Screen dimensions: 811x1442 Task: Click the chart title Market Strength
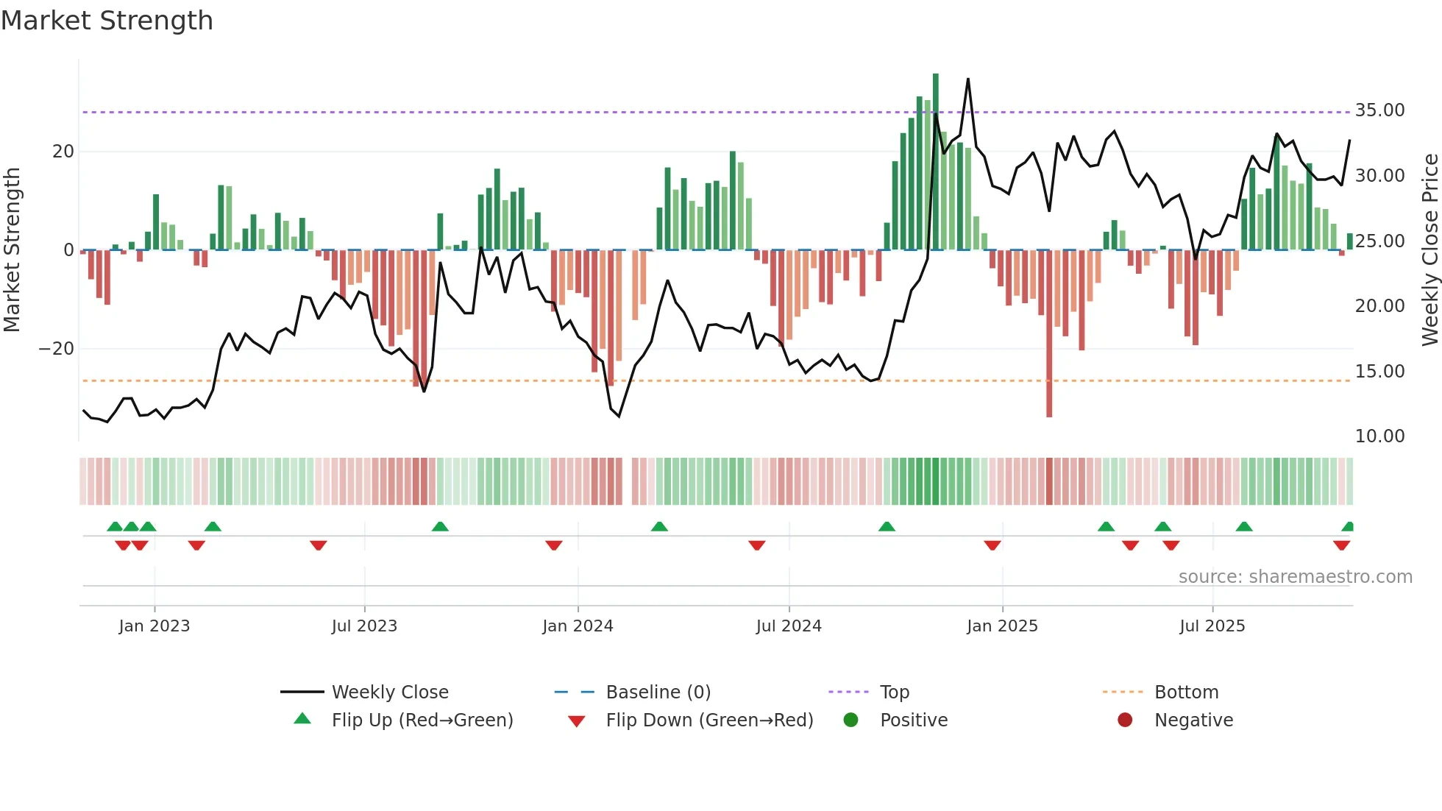click(107, 21)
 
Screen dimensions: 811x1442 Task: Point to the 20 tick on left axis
click(63, 152)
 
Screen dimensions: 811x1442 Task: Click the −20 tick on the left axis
click(57, 349)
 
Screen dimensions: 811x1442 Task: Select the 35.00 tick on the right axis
click(1379, 110)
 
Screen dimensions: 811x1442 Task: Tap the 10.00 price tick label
click(1379, 436)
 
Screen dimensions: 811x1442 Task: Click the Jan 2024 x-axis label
click(578, 626)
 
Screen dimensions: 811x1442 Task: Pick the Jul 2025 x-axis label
click(1212, 626)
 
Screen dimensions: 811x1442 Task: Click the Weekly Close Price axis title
click(1429, 250)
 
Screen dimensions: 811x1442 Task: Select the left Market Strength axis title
click(12, 250)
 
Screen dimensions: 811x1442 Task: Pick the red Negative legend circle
click(1124, 720)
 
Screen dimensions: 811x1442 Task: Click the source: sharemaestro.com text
click(1295, 577)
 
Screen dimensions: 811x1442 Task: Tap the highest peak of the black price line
click(967, 79)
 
